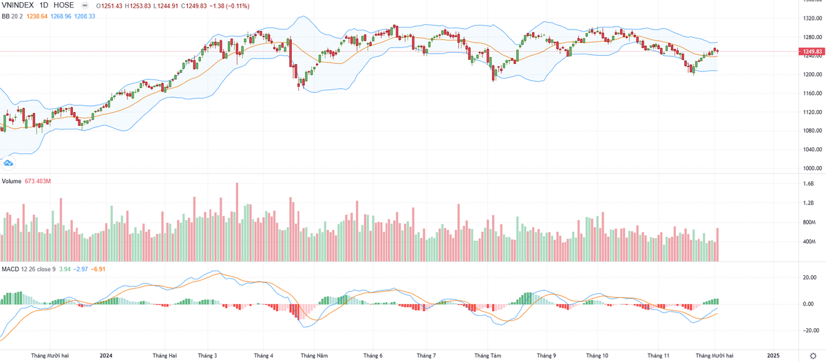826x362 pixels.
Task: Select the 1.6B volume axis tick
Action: [x=809, y=184]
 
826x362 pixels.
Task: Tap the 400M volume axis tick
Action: [x=809, y=242]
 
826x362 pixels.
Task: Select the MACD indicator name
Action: [x=10, y=269]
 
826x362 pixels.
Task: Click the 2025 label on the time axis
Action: [x=774, y=356]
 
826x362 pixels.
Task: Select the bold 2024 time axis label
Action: [x=106, y=356]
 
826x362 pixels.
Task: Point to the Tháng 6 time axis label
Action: [x=372, y=356]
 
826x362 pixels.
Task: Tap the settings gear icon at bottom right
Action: [x=812, y=356]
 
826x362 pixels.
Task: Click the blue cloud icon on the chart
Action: [x=8, y=163]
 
